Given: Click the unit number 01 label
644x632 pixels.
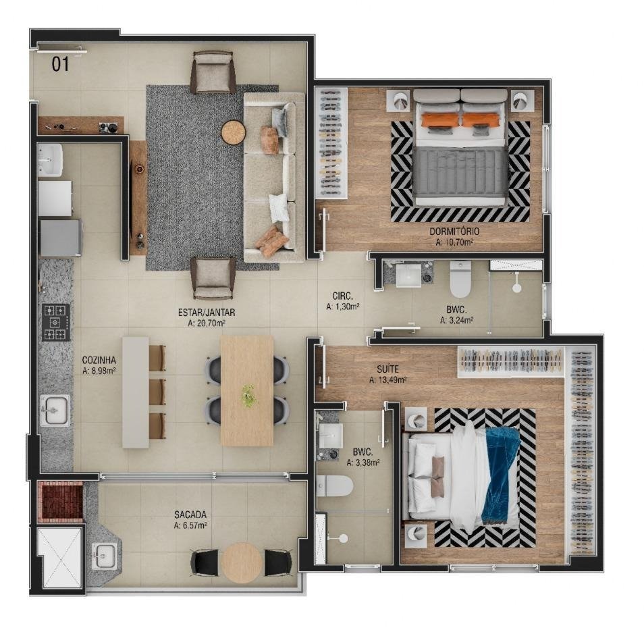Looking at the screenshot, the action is click(x=60, y=65).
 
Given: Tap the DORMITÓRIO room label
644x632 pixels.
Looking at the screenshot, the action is click(x=454, y=232).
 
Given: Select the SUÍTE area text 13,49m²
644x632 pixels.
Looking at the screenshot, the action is click(x=387, y=380).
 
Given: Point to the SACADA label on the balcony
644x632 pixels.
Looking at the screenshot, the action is click(x=190, y=515).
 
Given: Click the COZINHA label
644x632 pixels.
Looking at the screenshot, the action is click(x=99, y=361).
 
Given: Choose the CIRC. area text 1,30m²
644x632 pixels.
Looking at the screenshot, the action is click(x=343, y=307).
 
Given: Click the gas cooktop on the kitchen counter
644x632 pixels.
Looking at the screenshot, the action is click(x=56, y=323).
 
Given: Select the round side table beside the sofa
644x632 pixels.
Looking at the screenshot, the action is click(x=234, y=132).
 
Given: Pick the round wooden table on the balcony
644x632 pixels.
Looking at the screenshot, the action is click(x=242, y=562).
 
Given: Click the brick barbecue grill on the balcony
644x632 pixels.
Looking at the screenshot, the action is click(x=60, y=502).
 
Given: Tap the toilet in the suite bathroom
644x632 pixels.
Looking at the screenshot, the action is click(x=334, y=486).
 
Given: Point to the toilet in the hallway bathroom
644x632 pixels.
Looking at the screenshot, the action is click(x=460, y=279).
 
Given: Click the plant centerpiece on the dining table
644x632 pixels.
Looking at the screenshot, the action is click(x=248, y=395).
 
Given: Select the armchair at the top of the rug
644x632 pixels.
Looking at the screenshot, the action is click(x=213, y=72).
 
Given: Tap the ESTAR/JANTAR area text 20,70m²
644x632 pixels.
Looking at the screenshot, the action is click(x=206, y=323).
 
